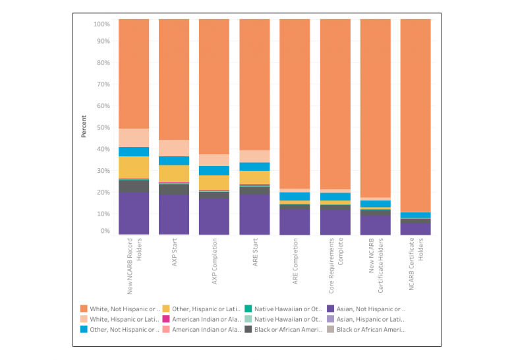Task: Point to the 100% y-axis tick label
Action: (101, 24)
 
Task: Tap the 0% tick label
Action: (104, 231)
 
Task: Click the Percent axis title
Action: (84, 127)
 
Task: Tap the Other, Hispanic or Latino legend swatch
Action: (165, 308)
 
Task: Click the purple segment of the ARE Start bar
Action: (254, 214)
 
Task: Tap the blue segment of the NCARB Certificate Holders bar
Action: (416, 215)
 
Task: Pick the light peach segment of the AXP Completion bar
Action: (214, 160)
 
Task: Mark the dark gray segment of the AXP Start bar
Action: (174, 189)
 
